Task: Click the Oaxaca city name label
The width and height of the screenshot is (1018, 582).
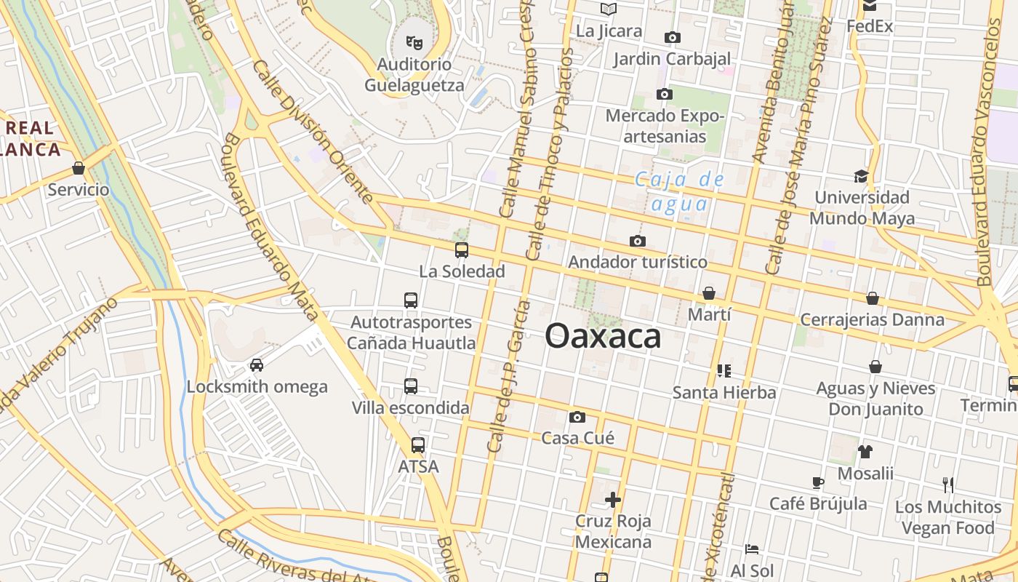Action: pos(603,336)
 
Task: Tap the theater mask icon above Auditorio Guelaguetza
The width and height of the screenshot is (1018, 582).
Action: pos(414,42)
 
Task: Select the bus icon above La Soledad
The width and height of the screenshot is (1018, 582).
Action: pos(462,250)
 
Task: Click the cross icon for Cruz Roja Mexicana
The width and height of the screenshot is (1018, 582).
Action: pos(613,500)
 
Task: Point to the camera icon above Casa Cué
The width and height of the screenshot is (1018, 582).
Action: pos(577,417)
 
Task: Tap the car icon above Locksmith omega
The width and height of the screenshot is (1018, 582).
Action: pos(257,364)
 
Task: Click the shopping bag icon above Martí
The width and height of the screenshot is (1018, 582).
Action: pos(709,293)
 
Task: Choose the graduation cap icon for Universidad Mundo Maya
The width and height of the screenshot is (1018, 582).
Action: pos(862,176)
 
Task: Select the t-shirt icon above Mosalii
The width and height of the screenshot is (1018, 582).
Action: pos(865,452)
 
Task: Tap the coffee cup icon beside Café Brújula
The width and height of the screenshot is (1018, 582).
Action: pos(818,482)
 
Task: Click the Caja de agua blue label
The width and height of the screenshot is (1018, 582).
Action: pos(679,191)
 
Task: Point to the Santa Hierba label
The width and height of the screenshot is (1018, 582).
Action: pos(724,392)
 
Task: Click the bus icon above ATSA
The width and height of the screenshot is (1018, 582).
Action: pos(418,445)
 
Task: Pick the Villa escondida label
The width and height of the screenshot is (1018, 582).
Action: pos(411,407)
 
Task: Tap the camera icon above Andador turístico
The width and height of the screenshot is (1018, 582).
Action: pos(638,241)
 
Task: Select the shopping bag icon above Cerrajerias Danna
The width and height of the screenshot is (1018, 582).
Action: pos(873,298)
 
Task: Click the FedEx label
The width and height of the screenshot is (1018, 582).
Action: pos(870,26)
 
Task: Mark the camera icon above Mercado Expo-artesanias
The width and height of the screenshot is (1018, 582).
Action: pos(664,94)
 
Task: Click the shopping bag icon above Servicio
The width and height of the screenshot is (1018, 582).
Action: pos(79,169)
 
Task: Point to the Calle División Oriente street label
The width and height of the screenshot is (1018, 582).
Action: pos(313,132)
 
